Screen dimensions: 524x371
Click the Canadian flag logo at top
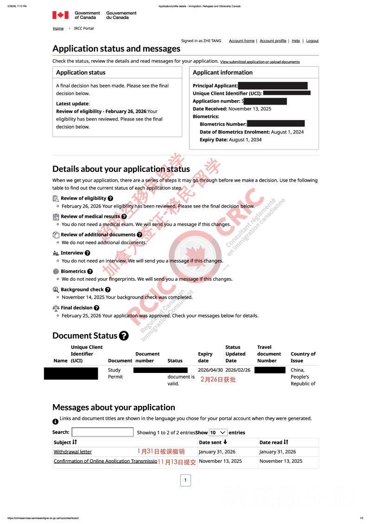click(x=60, y=15)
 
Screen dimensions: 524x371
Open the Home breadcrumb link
click(x=58, y=28)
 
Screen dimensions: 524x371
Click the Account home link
click(x=242, y=41)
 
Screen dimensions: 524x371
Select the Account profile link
click(x=273, y=41)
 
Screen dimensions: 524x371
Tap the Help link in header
click(x=295, y=41)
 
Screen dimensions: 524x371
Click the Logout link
click(x=312, y=41)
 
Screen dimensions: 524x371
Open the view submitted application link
click(x=260, y=62)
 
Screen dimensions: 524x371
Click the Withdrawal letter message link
click(x=73, y=452)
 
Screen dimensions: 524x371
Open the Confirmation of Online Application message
click(x=105, y=461)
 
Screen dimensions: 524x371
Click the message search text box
click(x=102, y=432)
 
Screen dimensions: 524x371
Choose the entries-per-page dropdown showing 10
click(x=218, y=432)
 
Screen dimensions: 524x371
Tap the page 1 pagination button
click(x=185, y=480)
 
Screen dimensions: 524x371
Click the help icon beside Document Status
click(x=124, y=336)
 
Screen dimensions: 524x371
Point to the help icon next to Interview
click(x=88, y=253)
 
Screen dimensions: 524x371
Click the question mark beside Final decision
click(x=96, y=308)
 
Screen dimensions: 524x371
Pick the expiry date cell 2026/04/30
click(x=210, y=370)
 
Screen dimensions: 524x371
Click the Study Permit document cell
click(x=115, y=373)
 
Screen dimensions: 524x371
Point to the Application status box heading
click(x=81, y=73)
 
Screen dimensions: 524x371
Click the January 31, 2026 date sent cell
click(x=217, y=452)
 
